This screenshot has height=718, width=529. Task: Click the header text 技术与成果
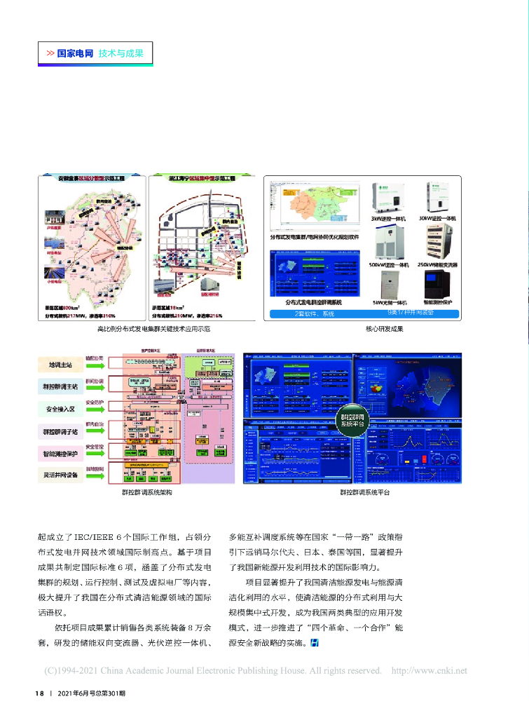coord(121,53)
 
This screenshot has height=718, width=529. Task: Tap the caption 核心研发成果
coord(385,328)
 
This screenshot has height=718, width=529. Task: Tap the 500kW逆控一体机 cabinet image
coord(390,243)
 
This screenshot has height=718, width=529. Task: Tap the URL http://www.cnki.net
coord(429,671)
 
